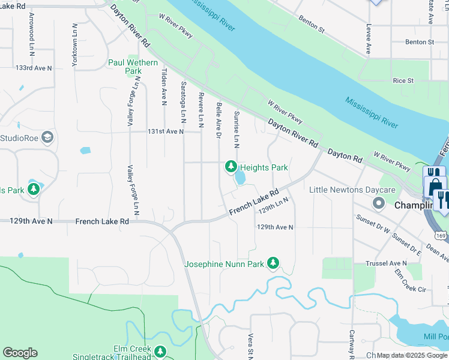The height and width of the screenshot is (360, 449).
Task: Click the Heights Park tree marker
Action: point(231,166)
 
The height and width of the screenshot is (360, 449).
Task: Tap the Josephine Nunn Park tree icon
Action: point(273,263)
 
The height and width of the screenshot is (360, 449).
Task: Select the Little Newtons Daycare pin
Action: point(378,203)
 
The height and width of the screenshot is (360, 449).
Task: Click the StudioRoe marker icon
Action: point(47,139)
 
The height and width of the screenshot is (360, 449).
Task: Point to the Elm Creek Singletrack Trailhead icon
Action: point(160,352)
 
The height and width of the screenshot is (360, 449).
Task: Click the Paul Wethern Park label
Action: point(133,67)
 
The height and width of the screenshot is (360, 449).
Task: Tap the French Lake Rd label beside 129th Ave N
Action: point(102,221)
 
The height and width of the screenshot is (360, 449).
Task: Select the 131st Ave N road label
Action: point(166,131)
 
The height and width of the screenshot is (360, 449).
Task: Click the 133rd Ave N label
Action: point(34,68)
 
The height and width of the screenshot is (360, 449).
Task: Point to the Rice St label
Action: point(403,80)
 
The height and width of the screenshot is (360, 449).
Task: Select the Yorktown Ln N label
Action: point(74,45)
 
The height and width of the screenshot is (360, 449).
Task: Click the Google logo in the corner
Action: point(20,353)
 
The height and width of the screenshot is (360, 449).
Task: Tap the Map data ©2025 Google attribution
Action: point(412,355)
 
